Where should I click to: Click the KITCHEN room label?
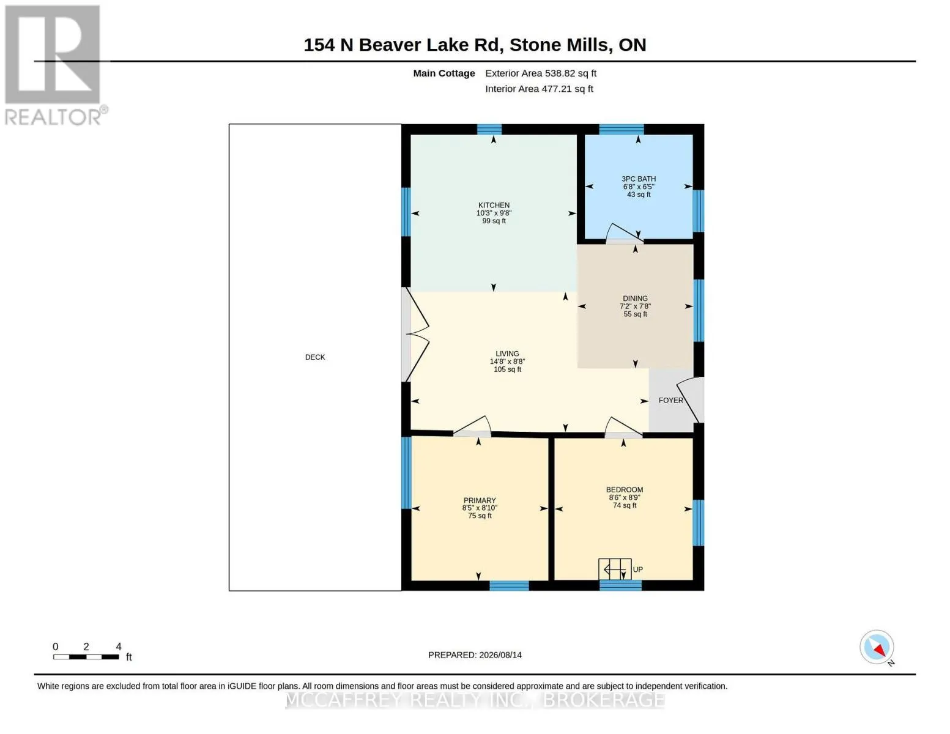[494, 205]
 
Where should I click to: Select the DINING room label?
[635, 298]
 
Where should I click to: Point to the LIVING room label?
[507, 354]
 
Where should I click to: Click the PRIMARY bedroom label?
[480, 500]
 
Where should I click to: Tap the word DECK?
[315, 357]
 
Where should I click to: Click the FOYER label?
[670, 400]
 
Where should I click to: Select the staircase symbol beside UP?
[615, 569]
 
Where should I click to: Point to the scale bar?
[86, 656]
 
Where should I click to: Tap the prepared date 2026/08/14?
[500, 655]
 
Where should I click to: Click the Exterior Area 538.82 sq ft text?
[541, 73]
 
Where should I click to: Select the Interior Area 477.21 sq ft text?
[539, 89]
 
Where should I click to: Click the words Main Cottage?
[443, 73]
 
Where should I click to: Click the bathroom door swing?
[625, 234]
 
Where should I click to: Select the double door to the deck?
[415, 335]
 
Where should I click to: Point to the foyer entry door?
[690, 400]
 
